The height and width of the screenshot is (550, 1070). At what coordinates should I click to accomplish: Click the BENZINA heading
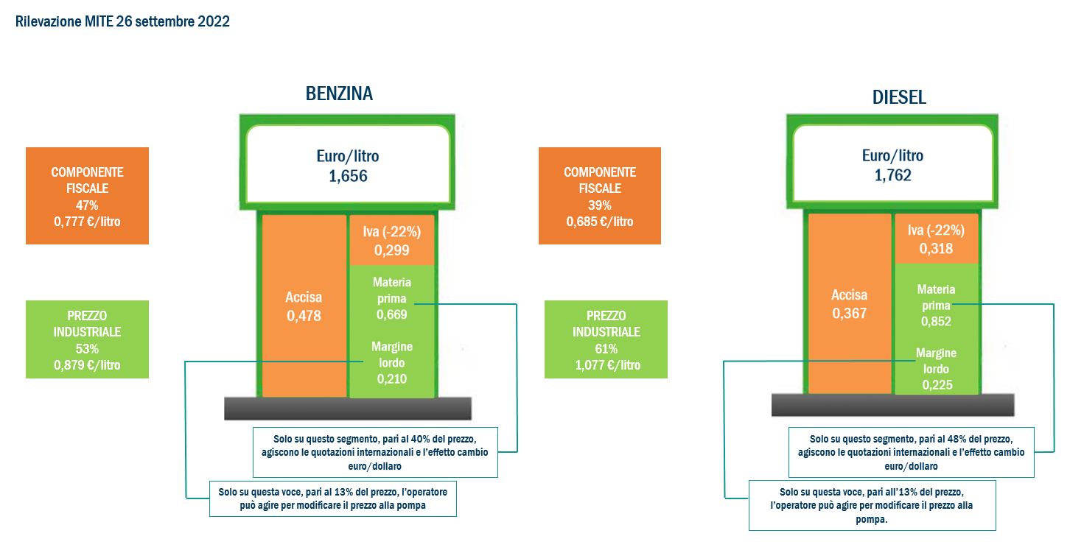click(x=339, y=94)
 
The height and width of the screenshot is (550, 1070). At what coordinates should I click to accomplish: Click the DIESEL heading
click(x=899, y=97)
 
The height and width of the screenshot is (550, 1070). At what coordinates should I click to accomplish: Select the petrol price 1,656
click(x=348, y=176)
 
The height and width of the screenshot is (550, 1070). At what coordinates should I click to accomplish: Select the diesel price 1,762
click(x=893, y=175)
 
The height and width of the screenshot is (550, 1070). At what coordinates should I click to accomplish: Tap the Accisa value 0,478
click(x=304, y=316)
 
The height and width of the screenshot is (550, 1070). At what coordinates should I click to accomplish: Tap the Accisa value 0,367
click(x=850, y=313)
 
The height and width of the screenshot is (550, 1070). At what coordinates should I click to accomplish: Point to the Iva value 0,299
click(x=392, y=250)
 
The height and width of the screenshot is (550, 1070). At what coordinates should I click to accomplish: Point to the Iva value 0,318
click(x=936, y=248)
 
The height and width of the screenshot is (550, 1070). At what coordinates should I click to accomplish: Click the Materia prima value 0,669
click(x=392, y=314)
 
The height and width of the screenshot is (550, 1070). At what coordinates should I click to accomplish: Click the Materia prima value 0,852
click(x=936, y=321)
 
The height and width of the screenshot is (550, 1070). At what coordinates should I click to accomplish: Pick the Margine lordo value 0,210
click(x=392, y=379)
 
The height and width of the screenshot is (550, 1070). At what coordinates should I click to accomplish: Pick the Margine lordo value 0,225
click(x=937, y=385)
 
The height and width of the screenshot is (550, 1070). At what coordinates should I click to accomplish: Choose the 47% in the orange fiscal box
click(x=87, y=205)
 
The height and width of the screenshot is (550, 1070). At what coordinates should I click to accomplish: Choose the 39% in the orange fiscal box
click(x=600, y=205)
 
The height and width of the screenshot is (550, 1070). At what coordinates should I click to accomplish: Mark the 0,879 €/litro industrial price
click(x=87, y=365)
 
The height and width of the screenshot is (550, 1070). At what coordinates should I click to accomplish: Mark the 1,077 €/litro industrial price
click(x=608, y=365)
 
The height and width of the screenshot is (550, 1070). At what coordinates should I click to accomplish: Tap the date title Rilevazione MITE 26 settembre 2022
click(x=122, y=21)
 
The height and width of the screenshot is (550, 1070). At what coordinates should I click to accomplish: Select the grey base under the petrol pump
click(x=348, y=408)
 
